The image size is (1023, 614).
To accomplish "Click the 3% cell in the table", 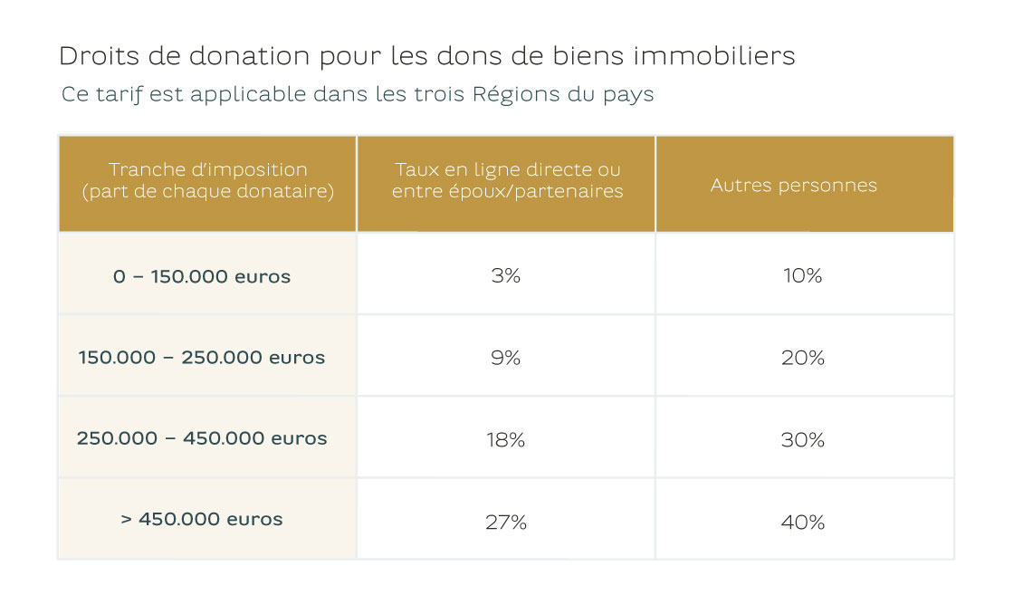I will (505, 275).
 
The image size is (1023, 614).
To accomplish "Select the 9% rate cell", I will (505, 358).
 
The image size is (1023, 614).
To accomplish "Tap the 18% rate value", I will (505, 440).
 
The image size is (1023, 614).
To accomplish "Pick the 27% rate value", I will (505, 523).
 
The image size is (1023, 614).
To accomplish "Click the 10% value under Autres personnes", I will (802, 275).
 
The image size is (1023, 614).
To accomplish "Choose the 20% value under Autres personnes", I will (802, 358).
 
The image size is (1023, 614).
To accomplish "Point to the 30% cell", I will (802, 440).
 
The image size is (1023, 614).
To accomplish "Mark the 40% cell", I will (802, 523).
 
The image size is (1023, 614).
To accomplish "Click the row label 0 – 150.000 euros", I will (202, 276).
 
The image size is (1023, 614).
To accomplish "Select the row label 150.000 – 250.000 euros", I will (202, 357).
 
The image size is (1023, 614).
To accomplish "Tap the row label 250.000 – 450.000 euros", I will (202, 438).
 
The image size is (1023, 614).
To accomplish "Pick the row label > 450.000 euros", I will (202, 520).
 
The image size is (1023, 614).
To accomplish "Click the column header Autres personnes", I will (793, 186).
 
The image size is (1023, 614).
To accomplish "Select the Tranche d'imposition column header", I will (207, 180).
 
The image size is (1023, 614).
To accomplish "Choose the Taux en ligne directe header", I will (507, 180).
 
